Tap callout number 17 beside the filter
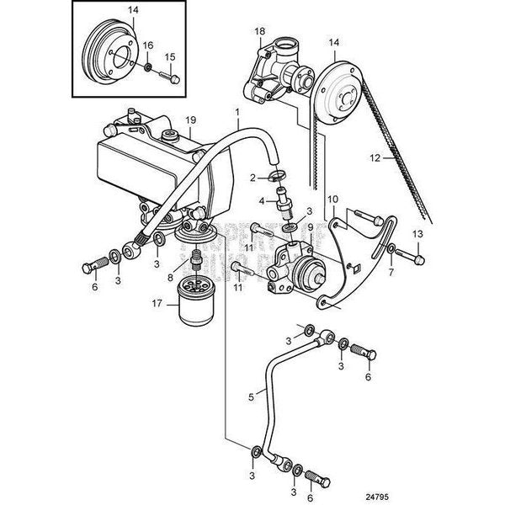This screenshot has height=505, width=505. coord(153,305)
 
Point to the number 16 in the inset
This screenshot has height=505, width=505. coord(148,45)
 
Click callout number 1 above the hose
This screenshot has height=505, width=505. coord(237,112)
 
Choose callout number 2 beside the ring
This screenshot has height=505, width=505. coord(252,178)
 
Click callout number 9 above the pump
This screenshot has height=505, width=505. coord(309,226)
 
